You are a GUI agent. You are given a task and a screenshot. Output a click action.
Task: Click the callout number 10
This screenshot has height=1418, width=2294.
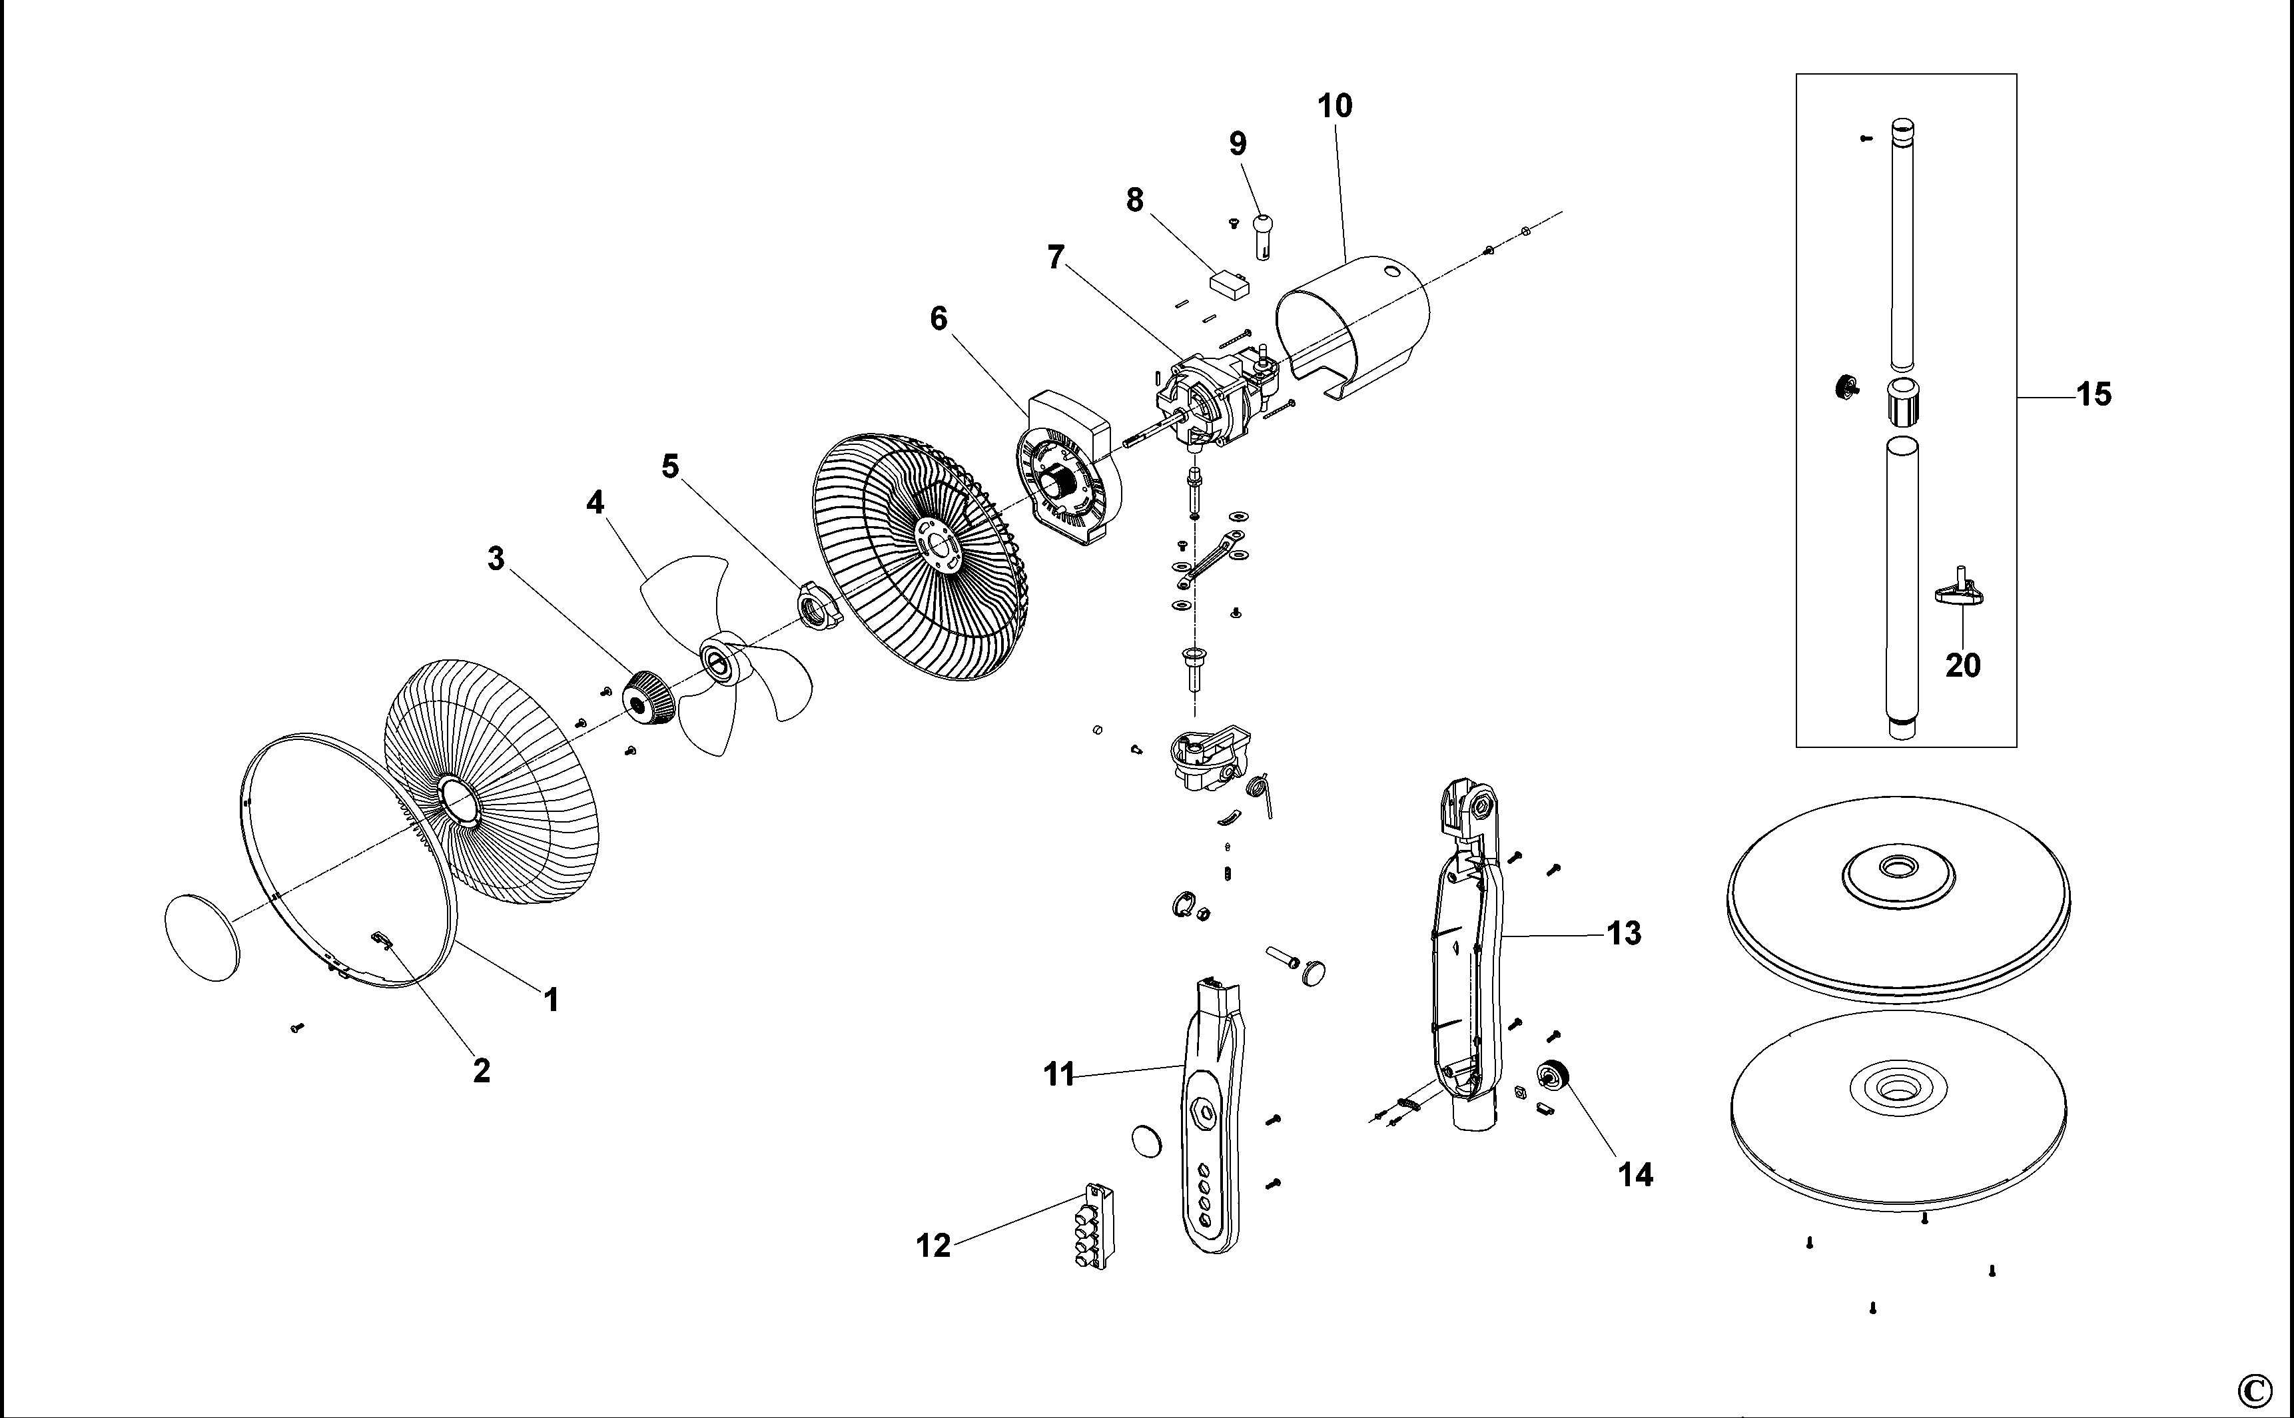1335,106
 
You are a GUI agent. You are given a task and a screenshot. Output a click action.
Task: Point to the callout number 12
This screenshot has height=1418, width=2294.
933,1245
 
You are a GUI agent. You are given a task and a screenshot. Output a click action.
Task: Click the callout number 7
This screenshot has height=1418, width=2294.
1056,257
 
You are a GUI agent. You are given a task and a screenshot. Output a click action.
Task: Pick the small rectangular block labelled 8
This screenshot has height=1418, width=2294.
1230,283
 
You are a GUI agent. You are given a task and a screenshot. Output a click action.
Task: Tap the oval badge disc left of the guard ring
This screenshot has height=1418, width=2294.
202,937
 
